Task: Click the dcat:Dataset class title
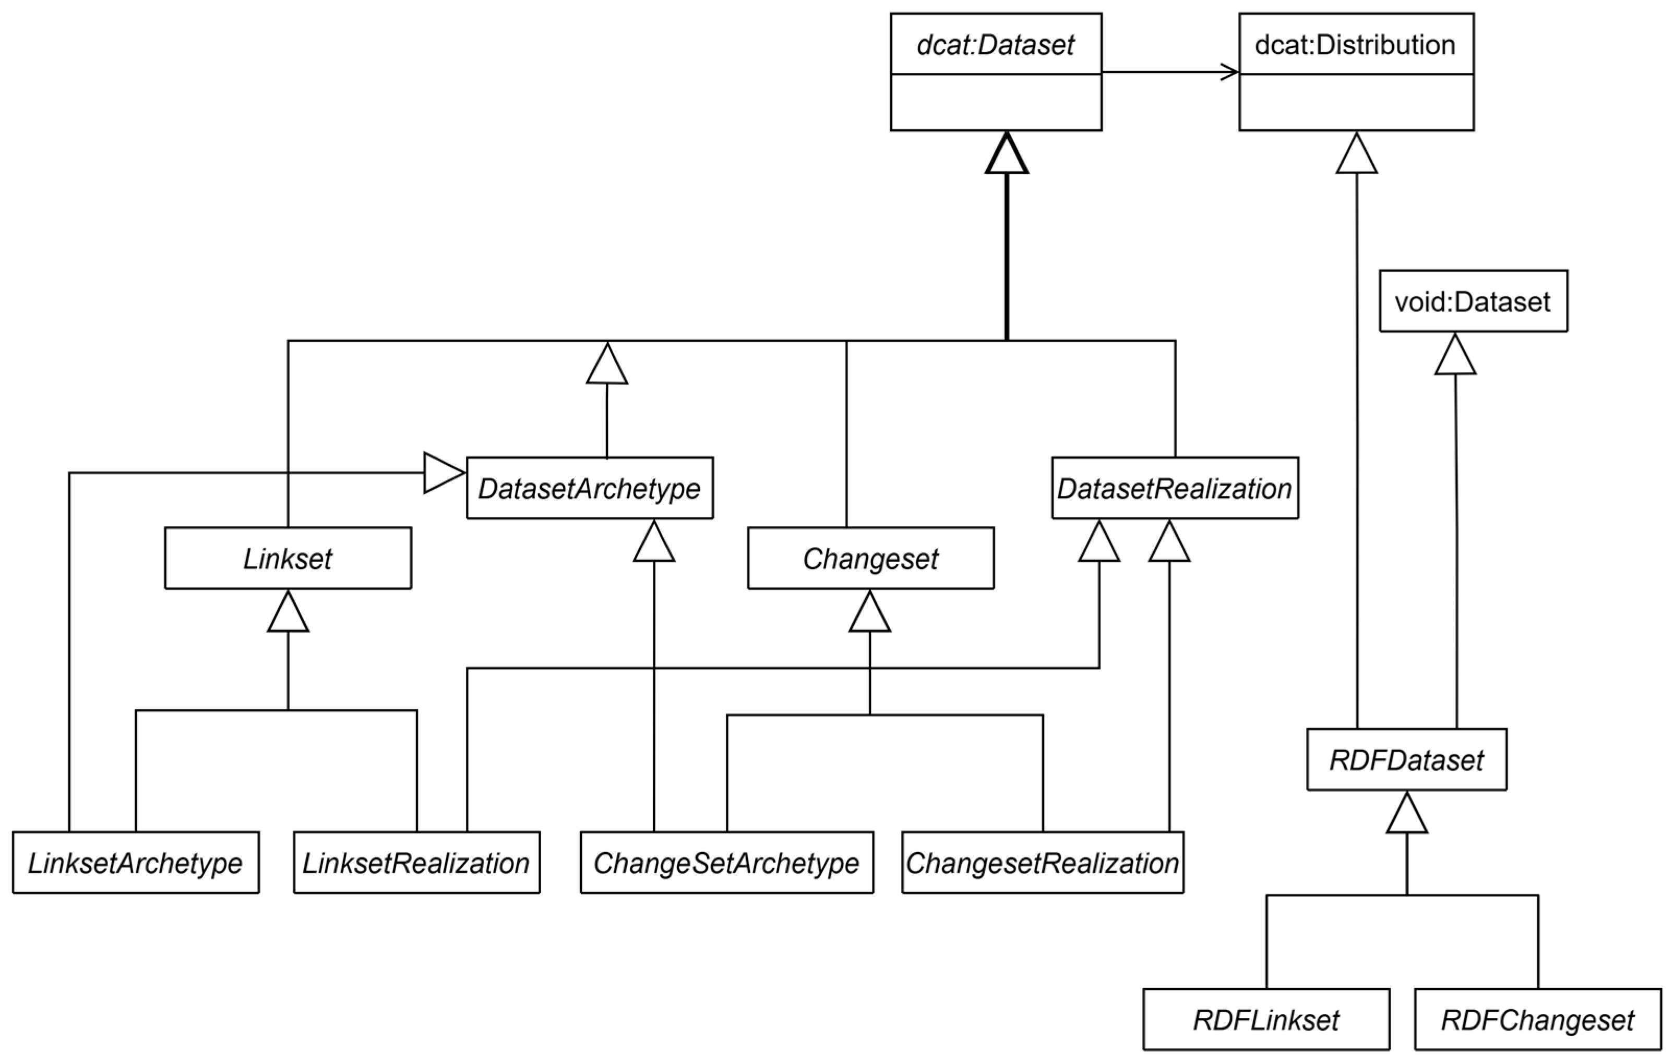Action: click(996, 45)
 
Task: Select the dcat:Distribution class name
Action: click(1355, 45)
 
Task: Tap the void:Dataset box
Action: click(1473, 301)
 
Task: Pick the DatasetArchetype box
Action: click(590, 488)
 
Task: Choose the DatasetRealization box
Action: click(1175, 488)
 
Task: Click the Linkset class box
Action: click(288, 558)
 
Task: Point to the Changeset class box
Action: click(870, 558)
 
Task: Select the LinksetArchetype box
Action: click(136, 863)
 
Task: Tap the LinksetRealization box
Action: click(416, 863)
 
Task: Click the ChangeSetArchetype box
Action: click(726, 863)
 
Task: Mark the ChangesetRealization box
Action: click(1043, 863)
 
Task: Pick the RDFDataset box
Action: click(1406, 759)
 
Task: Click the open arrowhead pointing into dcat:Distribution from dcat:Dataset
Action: click(1230, 71)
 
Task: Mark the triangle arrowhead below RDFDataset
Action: click(1407, 813)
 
